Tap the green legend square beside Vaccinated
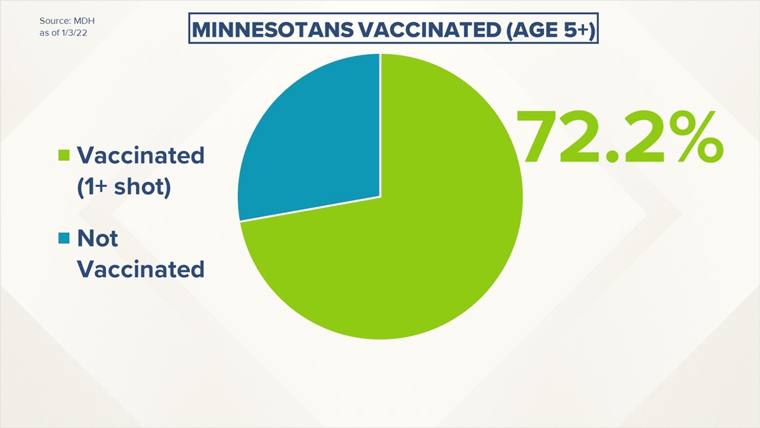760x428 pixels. coord(64,155)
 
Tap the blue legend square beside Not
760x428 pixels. coord(64,238)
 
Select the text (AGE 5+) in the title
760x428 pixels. coord(550,30)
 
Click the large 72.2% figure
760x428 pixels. coord(619,138)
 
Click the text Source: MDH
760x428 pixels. coord(67,21)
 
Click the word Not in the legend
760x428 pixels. coord(97,238)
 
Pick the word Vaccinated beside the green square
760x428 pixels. coord(141,156)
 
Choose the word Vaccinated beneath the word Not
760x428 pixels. coord(141,269)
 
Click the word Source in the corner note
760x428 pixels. coord(55,21)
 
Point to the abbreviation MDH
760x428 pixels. coord(84,21)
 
